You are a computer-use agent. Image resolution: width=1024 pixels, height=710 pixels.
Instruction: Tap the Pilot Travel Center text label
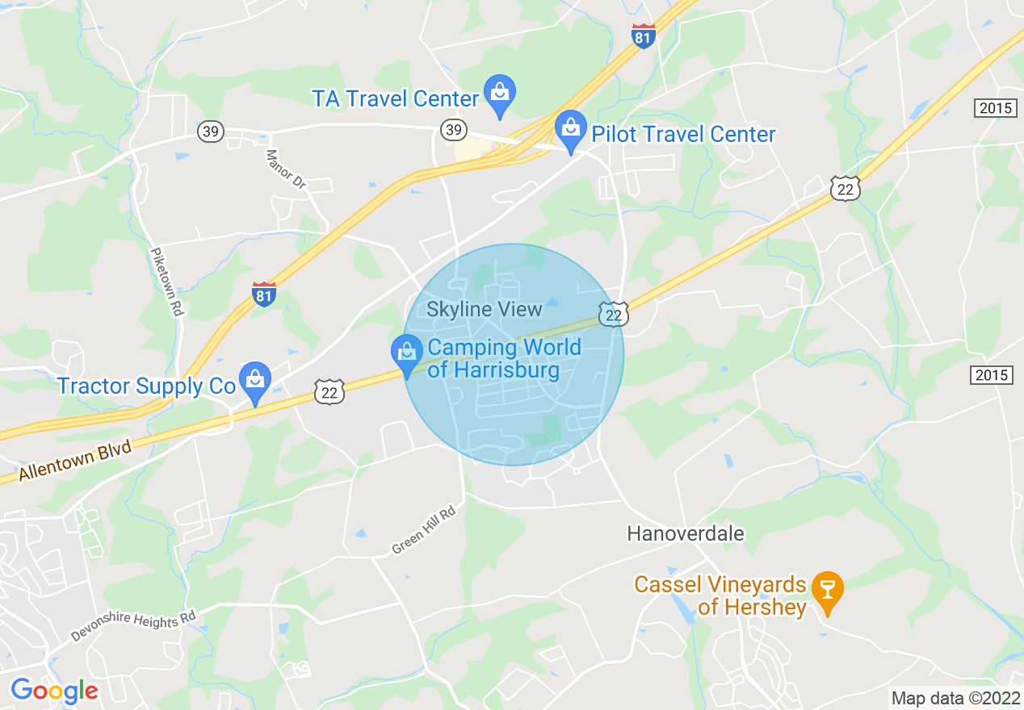(x=683, y=134)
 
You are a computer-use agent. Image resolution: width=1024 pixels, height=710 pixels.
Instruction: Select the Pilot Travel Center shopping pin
(x=571, y=131)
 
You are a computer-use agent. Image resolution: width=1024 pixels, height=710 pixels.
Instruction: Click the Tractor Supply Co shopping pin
(x=255, y=382)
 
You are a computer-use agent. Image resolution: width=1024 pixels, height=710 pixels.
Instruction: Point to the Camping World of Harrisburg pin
(x=407, y=355)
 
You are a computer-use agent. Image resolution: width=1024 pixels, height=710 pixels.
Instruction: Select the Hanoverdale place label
(x=686, y=533)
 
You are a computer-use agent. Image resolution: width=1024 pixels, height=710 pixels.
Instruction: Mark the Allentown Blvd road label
(x=75, y=461)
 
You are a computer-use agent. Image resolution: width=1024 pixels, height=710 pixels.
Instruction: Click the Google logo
(x=54, y=691)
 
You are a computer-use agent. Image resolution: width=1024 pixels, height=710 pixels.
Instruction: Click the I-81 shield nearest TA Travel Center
(x=643, y=35)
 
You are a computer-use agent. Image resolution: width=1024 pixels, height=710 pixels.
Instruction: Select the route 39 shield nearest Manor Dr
(x=210, y=132)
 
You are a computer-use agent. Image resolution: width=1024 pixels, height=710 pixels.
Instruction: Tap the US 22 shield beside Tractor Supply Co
(x=329, y=391)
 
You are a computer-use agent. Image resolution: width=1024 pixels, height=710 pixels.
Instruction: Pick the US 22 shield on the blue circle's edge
(x=614, y=314)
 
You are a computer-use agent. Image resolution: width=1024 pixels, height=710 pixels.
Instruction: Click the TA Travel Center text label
(x=396, y=98)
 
